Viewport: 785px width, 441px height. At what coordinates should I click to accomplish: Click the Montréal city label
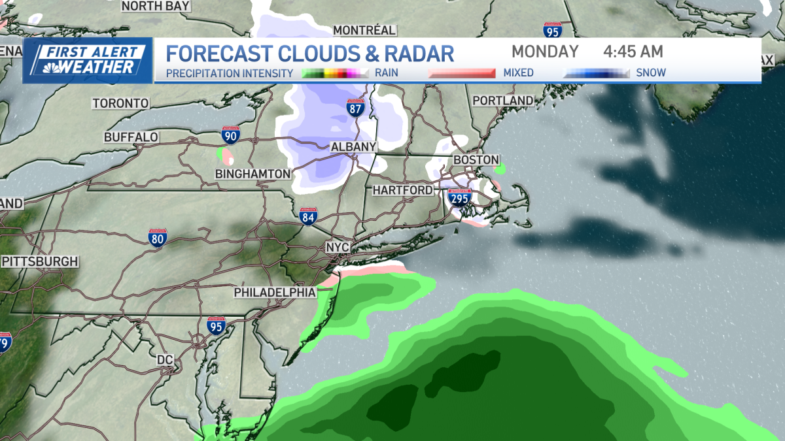(364, 30)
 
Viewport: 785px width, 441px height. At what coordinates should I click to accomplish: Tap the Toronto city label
(120, 103)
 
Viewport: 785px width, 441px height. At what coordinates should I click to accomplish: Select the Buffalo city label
(131, 137)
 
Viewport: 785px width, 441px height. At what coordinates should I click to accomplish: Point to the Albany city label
(353, 147)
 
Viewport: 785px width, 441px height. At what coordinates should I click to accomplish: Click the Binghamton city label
(253, 174)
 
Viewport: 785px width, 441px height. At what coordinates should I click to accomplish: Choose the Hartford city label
(402, 190)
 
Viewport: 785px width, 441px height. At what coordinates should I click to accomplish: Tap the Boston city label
(476, 159)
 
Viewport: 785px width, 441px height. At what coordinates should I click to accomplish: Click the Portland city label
(503, 101)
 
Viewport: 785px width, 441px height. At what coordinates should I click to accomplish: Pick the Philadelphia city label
(275, 292)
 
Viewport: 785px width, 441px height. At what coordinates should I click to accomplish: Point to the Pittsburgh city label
(40, 261)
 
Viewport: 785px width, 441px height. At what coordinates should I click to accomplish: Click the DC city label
(164, 359)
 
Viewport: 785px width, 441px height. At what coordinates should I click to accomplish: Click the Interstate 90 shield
(230, 135)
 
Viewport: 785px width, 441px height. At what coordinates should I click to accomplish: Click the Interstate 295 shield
(459, 197)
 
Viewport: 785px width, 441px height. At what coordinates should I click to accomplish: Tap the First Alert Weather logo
(88, 60)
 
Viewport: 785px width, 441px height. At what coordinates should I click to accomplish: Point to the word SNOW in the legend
(651, 73)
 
